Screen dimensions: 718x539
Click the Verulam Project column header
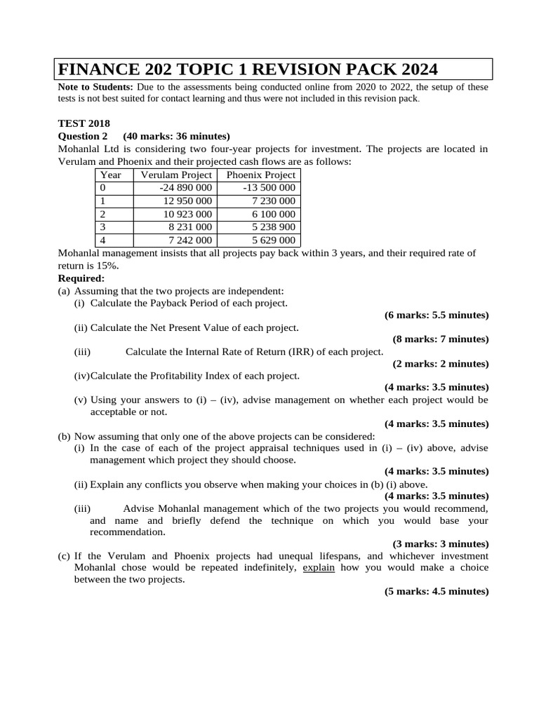click(176, 175)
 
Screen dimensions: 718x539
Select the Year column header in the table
click(111, 175)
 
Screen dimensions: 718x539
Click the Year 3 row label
click(103, 227)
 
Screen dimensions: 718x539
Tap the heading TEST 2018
click(84, 123)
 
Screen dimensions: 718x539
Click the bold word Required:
click(81, 278)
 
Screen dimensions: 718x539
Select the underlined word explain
click(319, 567)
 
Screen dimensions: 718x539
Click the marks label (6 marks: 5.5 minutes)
click(436, 315)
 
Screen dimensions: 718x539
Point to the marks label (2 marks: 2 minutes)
click(440, 363)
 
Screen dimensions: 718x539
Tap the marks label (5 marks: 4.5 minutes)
click(436, 591)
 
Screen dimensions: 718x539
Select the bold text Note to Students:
click(95, 87)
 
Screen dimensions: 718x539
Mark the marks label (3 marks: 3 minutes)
click(440, 543)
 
